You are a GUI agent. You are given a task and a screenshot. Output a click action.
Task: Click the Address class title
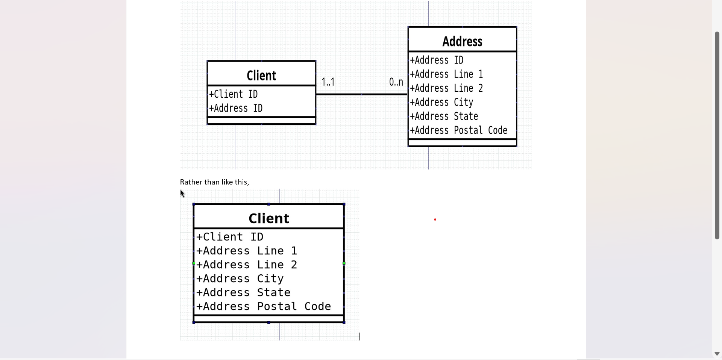click(x=462, y=41)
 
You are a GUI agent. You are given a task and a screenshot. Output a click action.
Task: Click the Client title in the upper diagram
click(x=261, y=76)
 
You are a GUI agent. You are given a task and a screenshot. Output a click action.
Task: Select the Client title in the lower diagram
click(x=268, y=218)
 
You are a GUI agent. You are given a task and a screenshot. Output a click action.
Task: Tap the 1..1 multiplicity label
click(x=328, y=82)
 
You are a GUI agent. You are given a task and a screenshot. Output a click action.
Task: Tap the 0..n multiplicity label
click(x=396, y=82)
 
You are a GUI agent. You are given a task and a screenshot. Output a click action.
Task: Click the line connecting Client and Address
click(x=361, y=94)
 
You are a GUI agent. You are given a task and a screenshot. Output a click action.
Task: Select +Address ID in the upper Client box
click(x=236, y=108)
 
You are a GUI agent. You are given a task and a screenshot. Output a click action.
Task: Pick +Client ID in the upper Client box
click(x=234, y=94)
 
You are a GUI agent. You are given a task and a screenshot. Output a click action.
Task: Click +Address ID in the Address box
click(x=437, y=60)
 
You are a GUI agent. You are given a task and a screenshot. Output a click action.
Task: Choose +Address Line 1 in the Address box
click(x=446, y=74)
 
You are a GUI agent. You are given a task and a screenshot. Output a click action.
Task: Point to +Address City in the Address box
click(x=441, y=102)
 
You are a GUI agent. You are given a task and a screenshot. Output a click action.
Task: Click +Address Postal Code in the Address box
click(x=458, y=130)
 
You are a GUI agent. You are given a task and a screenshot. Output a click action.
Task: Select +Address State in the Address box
click(x=444, y=116)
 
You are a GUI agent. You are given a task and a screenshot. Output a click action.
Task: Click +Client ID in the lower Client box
click(x=230, y=237)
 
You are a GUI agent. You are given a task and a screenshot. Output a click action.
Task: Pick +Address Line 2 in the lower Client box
click(x=247, y=265)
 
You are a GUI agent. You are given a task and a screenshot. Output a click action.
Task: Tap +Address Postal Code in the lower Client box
click(x=264, y=306)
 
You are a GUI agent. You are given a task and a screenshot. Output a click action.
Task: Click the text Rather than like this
click(x=214, y=182)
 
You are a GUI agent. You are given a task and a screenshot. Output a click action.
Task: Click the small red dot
click(x=435, y=219)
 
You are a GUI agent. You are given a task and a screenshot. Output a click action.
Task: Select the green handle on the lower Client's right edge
click(x=344, y=263)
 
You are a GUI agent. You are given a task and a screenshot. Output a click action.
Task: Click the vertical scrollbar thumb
click(x=717, y=135)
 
